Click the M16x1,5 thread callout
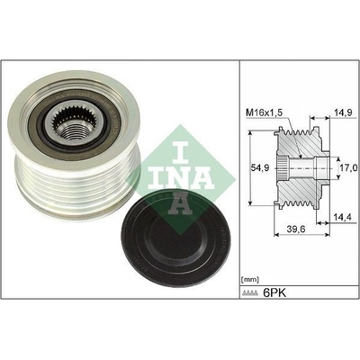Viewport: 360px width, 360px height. coord(263,113)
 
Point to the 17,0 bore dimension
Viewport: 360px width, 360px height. coord(348,168)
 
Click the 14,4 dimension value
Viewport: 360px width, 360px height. coord(341,217)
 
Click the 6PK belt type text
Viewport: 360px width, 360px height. coord(274,292)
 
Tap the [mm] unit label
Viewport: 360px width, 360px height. coord(249,280)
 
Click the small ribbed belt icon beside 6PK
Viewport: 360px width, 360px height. coord(251,293)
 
